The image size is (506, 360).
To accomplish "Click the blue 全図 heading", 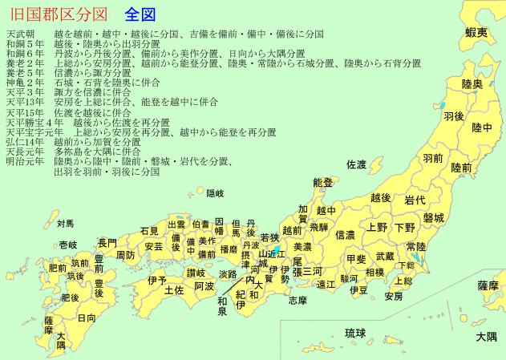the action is [140, 14].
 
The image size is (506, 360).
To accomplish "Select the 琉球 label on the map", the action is [355, 333].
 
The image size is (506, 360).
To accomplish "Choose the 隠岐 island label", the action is [216, 193].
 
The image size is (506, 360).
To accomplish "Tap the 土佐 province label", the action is [174, 289].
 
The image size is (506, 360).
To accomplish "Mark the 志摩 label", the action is [297, 300].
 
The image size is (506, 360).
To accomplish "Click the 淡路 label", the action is [227, 274].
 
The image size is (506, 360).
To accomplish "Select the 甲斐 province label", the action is [357, 259].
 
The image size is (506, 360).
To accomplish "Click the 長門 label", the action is [107, 242].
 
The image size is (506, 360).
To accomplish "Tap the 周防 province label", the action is [125, 255].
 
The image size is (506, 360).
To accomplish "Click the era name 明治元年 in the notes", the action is [25, 160].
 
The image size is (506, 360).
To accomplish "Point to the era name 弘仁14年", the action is [25, 141].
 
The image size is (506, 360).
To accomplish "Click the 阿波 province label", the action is [204, 285].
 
